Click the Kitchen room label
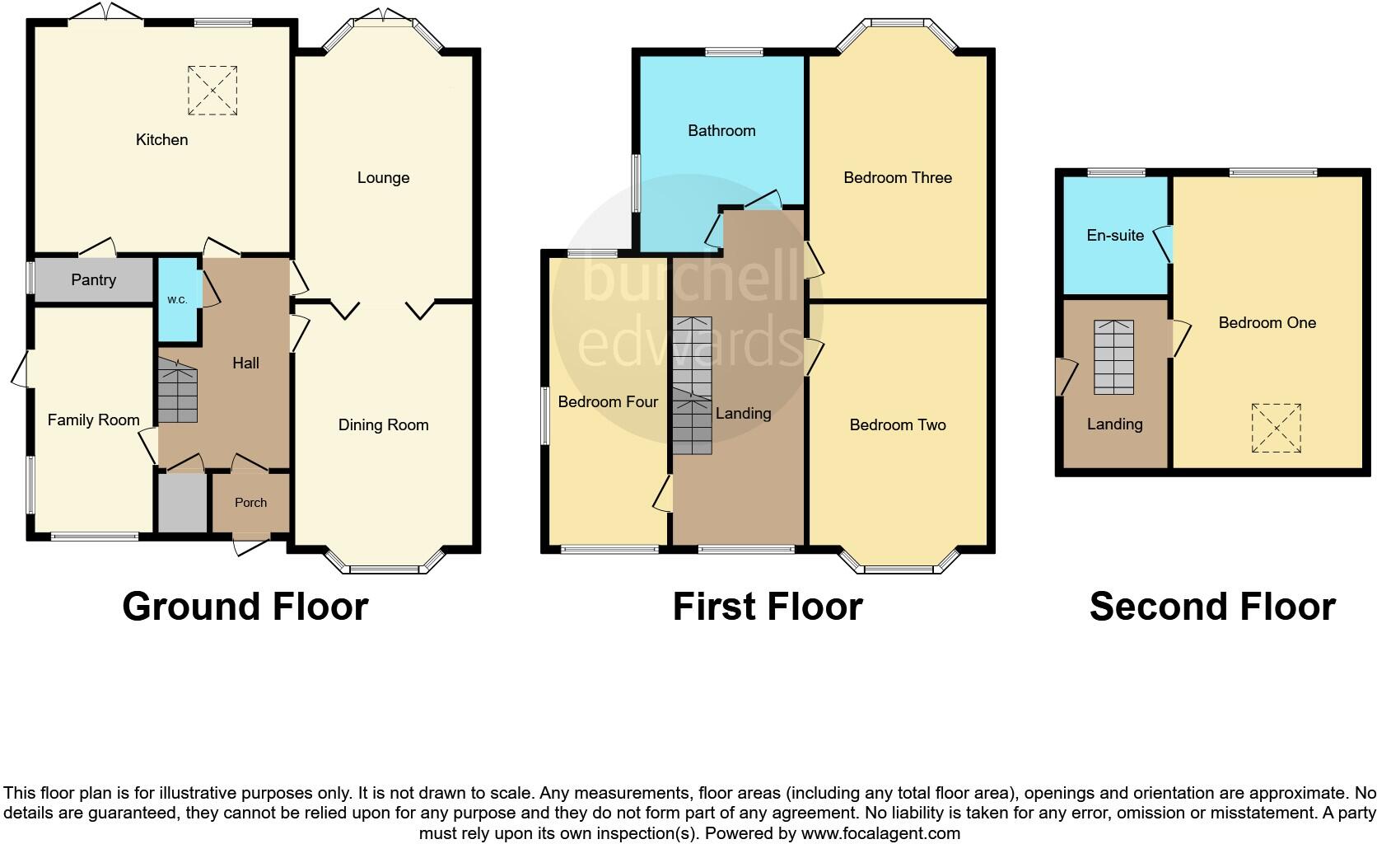click(161, 139)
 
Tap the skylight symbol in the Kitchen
click(212, 91)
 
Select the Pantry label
click(93, 280)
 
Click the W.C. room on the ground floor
click(178, 300)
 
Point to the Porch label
click(250, 502)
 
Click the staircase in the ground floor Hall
click(178, 396)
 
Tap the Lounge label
click(383, 178)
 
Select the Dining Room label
click(383, 425)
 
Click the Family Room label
click(93, 420)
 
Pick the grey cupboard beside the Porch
click(182, 502)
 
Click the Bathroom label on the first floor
click(721, 130)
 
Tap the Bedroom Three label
click(898, 178)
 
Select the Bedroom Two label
click(898, 425)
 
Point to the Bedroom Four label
click(608, 402)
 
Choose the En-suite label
click(1115, 236)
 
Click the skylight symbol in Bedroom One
click(1276, 428)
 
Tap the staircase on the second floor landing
click(1113, 357)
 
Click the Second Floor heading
click(1212, 607)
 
